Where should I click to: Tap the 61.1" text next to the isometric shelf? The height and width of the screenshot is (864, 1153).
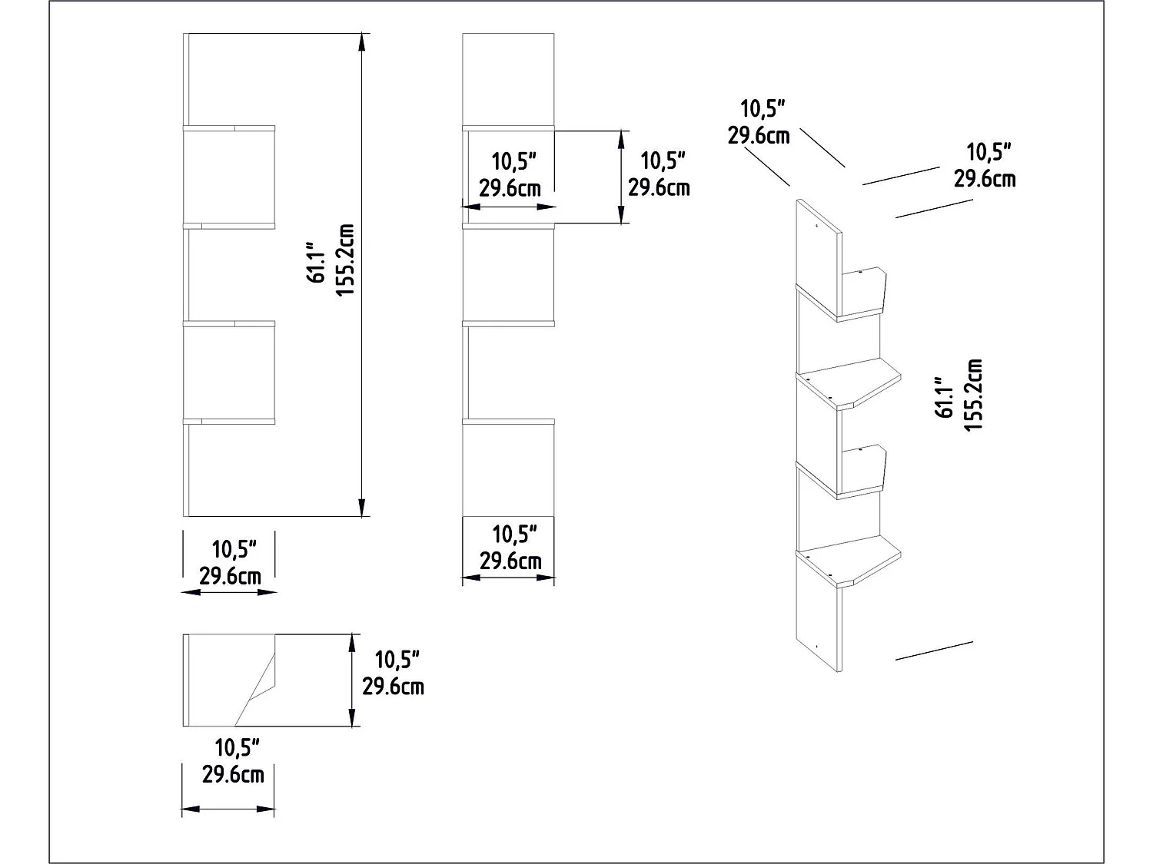point(944,397)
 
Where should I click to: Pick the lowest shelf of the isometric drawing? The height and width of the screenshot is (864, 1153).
point(849,562)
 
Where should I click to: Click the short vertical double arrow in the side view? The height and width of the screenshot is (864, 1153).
point(621,177)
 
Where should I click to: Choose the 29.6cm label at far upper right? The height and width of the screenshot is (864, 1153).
point(985,178)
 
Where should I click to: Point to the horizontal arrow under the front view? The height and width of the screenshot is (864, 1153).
point(229,591)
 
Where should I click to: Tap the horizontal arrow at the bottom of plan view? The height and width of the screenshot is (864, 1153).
point(228,809)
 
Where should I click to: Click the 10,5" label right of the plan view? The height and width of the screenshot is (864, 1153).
point(397,660)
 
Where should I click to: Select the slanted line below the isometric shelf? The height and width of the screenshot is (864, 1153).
point(934,650)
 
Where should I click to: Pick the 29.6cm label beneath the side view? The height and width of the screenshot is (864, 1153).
point(510,561)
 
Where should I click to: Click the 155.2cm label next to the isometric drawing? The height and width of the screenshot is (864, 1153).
point(973,395)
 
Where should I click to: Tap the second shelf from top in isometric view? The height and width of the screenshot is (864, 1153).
point(849,386)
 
